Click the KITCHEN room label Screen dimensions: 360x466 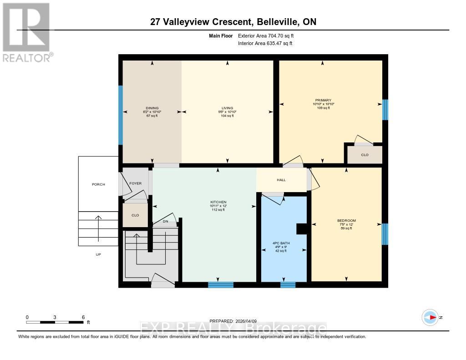[218, 202]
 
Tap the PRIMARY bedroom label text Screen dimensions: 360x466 [323, 100]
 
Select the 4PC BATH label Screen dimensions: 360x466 [284, 243]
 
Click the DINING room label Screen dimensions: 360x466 [152, 108]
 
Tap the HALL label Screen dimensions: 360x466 [281, 180]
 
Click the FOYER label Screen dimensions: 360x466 [135, 183]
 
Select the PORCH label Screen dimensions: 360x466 [98, 184]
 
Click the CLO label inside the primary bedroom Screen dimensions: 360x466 [365, 155]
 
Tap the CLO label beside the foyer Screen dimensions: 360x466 [135, 215]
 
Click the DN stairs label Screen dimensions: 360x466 [166, 222]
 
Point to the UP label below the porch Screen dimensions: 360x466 [98, 254]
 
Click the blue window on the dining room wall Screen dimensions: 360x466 [121, 115]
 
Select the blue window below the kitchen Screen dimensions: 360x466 [221, 285]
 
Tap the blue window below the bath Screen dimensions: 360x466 [288, 285]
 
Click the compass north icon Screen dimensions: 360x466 [430, 317]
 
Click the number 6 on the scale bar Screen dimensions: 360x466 [83, 317]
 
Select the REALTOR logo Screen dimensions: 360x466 [26, 32]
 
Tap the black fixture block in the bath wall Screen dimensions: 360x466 [301, 229]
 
